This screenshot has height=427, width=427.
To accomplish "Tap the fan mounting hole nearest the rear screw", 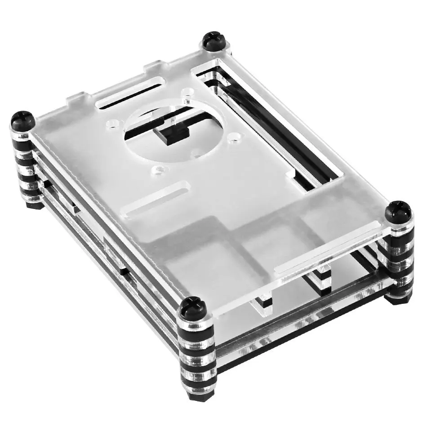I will (186, 94).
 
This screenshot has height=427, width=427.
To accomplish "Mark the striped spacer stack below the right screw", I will (400, 256).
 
